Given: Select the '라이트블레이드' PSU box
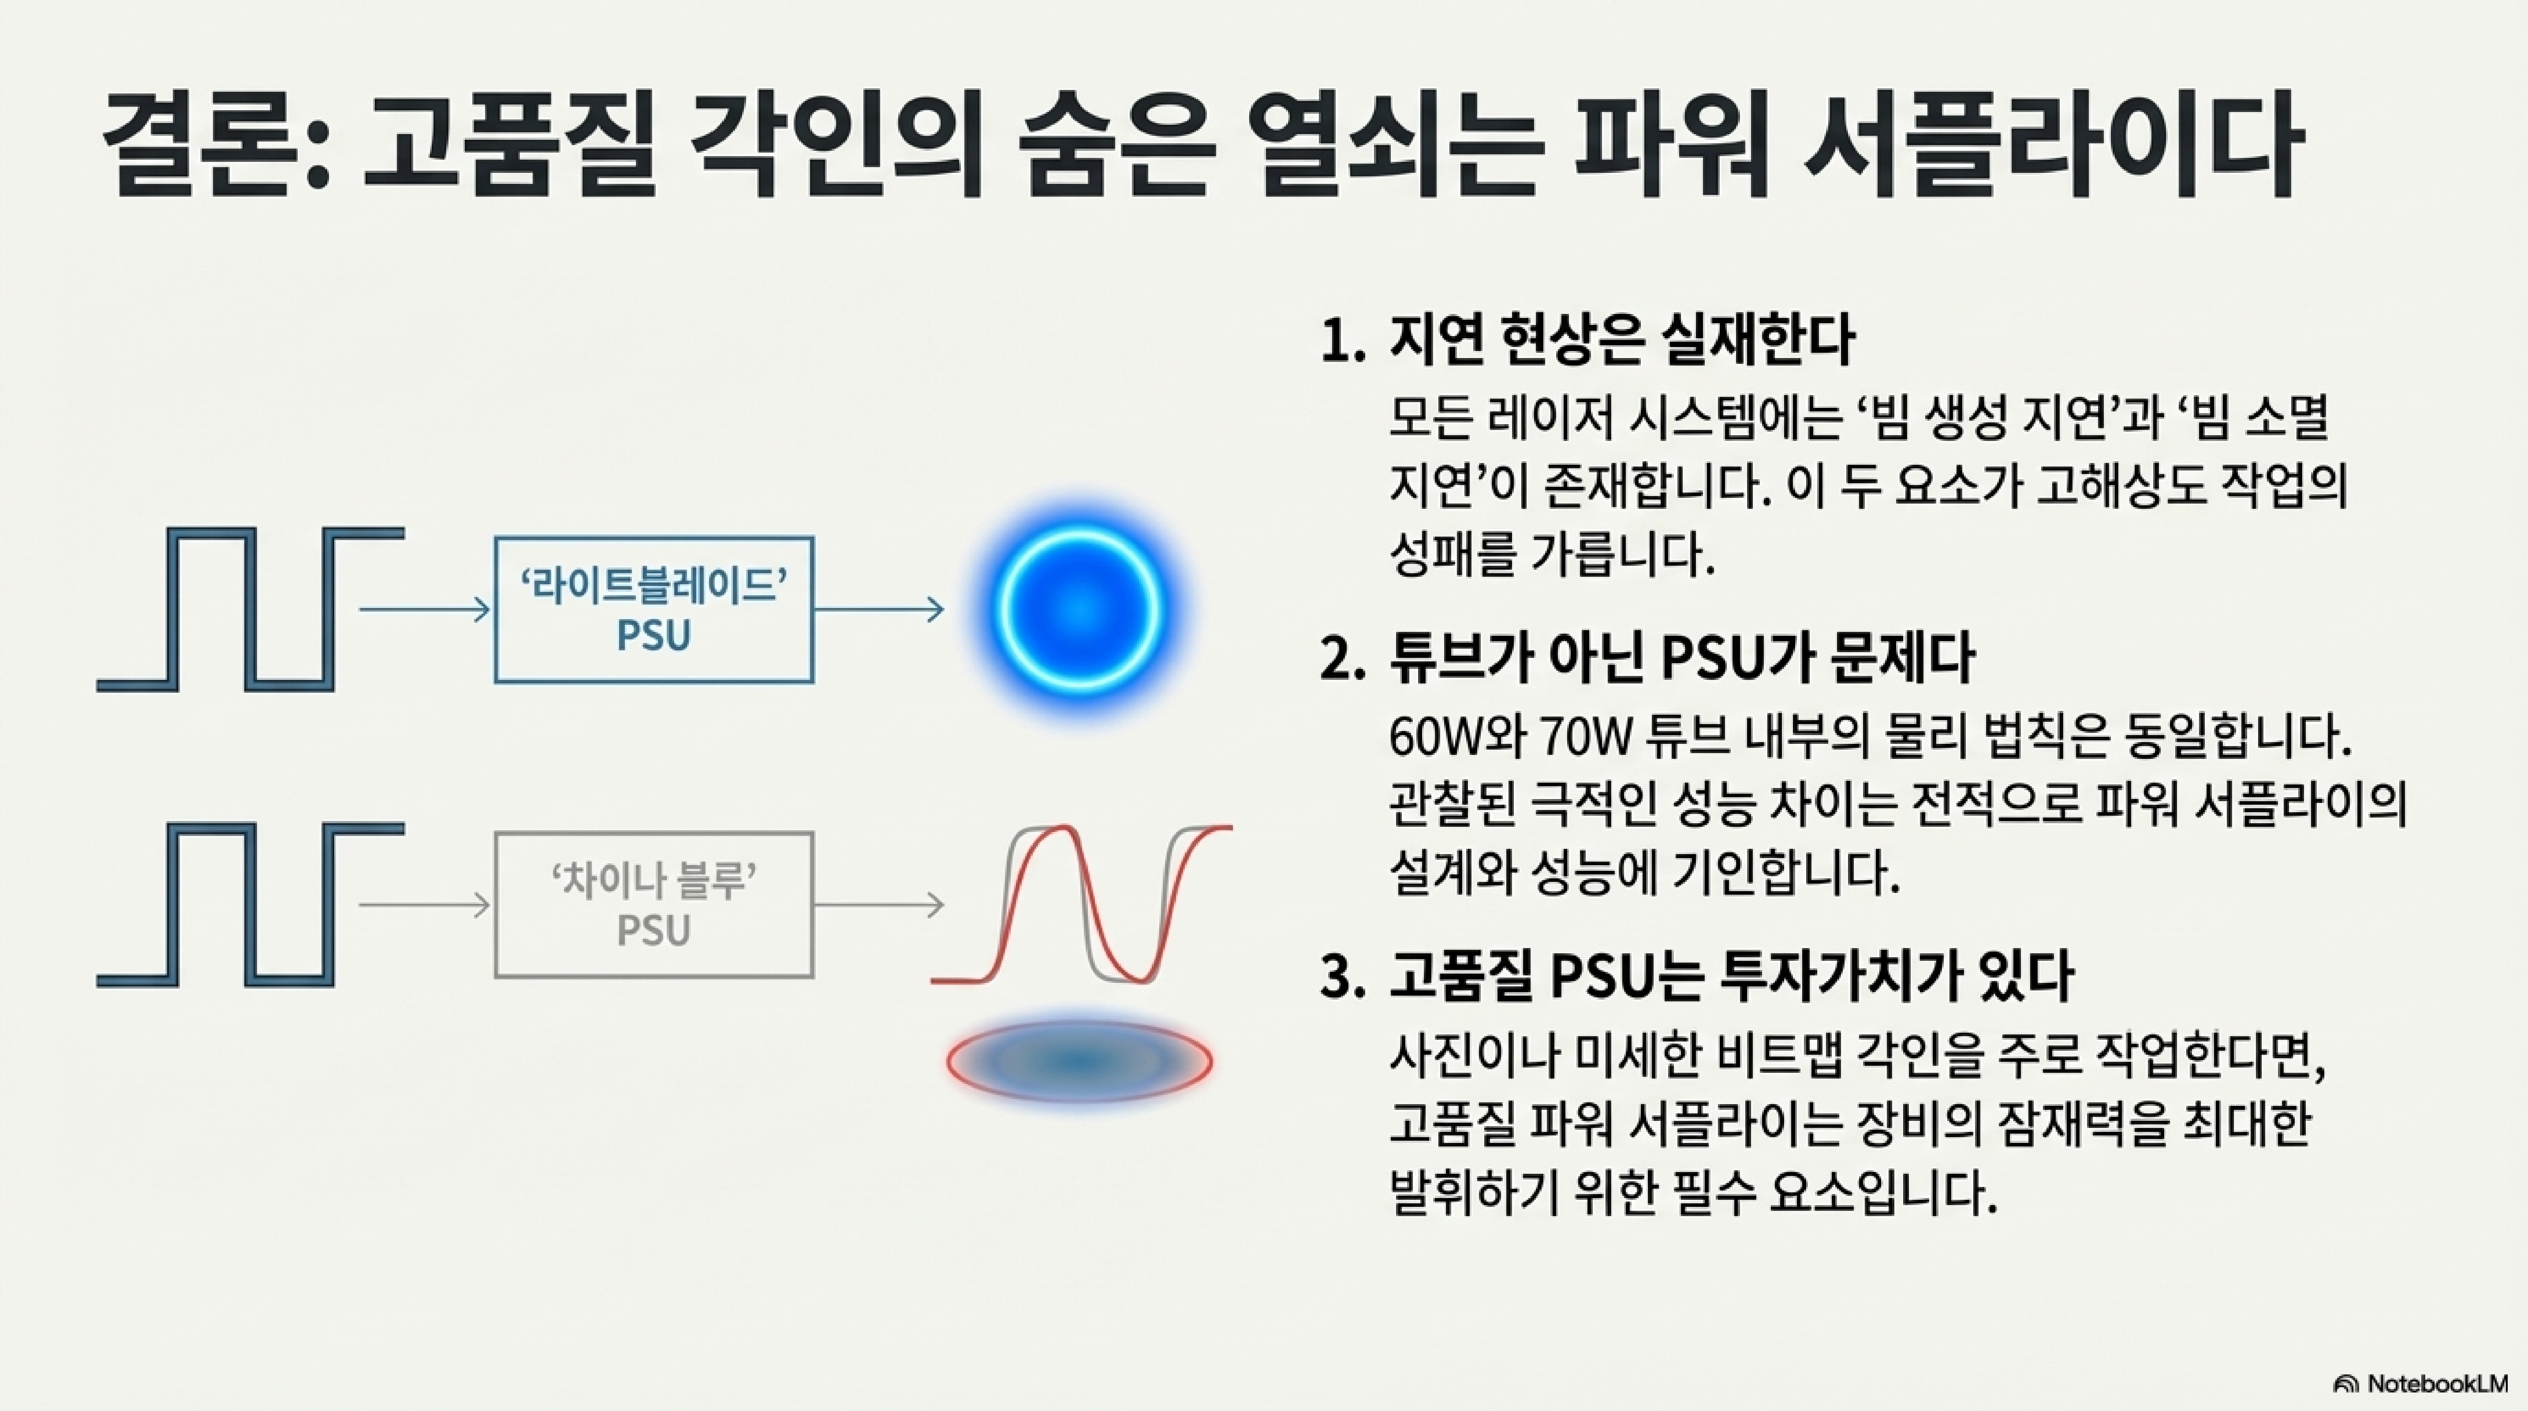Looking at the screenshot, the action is point(653,609).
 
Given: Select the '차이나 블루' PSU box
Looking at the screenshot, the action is point(653,905).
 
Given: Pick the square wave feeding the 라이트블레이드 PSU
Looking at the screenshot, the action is point(250,609).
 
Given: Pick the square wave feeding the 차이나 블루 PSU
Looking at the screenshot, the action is point(250,905).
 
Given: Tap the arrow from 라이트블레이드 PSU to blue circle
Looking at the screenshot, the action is point(878,609).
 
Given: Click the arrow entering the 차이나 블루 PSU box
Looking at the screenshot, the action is point(424,905).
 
